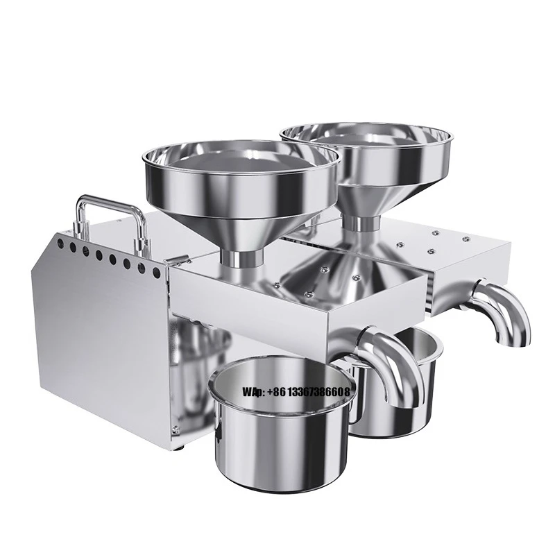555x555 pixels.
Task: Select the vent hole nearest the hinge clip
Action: (x=157, y=273)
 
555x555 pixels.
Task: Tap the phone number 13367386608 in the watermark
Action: (x=318, y=393)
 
